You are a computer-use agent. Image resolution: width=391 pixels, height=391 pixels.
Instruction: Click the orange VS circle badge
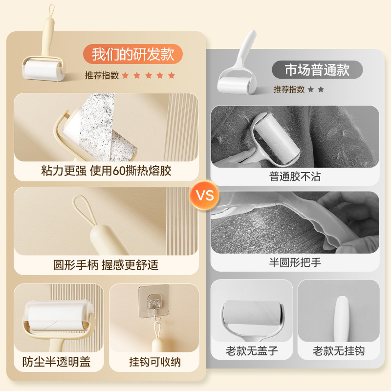(205, 195)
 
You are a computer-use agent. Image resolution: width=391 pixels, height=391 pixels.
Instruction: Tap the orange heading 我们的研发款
(133, 54)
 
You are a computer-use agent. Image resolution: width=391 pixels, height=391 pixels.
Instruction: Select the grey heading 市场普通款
(317, 70)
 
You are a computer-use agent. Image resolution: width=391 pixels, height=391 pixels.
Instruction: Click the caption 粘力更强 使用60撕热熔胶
(106, 171)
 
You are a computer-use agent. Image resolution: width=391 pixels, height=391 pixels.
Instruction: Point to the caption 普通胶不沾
(295, 176)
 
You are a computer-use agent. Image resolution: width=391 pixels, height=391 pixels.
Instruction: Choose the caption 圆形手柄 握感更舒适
(106, 265)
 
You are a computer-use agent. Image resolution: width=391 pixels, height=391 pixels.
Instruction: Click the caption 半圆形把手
(295, 262)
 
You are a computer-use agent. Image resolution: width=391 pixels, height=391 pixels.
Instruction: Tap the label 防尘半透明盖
(57, 362)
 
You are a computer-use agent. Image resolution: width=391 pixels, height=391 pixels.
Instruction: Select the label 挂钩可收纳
(154, 362)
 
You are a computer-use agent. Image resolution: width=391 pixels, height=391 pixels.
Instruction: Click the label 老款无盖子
(251, 351)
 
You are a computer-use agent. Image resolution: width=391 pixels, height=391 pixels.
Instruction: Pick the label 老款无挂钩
(339, 351)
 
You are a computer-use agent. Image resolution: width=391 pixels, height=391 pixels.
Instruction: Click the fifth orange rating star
(172, 76)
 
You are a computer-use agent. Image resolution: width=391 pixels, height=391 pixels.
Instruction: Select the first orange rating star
(125, 76)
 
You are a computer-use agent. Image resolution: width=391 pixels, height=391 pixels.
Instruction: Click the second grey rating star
(321, 89)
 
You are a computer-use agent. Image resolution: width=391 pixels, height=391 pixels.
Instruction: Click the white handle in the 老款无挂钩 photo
(339, 313)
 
